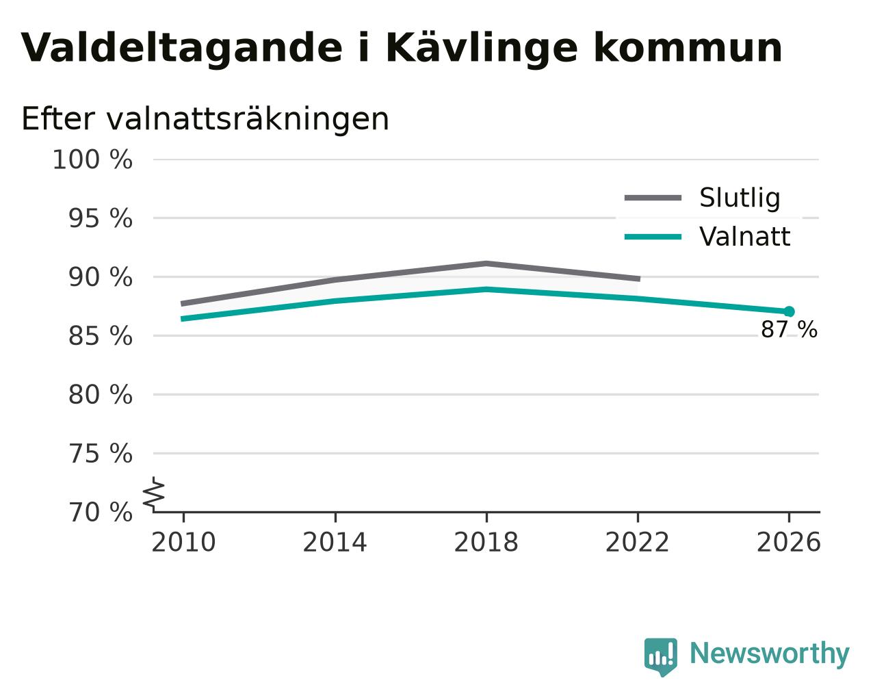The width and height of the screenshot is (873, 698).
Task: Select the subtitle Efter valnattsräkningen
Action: click(x=205, y=119)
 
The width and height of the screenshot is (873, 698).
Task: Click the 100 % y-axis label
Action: click(x=92, y=159)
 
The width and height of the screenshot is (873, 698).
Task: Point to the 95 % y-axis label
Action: click(x=100, y=218)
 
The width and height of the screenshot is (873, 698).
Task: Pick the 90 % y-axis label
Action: click(x=100, y=278)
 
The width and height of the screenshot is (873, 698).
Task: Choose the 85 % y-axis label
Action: click(x=100, y=336)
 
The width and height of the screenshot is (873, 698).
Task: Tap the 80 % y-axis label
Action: click(x=100, y=394)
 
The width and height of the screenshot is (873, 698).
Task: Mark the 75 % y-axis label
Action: click(x=100, y=453)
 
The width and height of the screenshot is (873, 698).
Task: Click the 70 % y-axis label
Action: click(x=100, y=512)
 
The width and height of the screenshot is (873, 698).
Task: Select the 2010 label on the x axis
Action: click(x=183, y=542)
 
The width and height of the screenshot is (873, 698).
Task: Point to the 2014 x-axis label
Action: click(x=335, y=542)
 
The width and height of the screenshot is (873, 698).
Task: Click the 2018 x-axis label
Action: click(x=486, y=542)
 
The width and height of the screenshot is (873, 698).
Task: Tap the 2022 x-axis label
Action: click(x=637, y=542)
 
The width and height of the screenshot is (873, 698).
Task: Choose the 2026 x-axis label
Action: click(x=789, y=542)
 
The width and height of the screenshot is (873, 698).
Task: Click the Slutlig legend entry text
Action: click(x=740, y=198)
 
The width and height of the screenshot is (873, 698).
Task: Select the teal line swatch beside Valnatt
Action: click(x=653, y=237)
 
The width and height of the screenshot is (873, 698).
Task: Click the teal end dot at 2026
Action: click(x=789, y=311)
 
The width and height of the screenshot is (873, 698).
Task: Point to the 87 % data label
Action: click(x=789, y=329)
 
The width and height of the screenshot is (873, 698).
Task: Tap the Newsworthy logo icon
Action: click(x=661, y=657)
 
